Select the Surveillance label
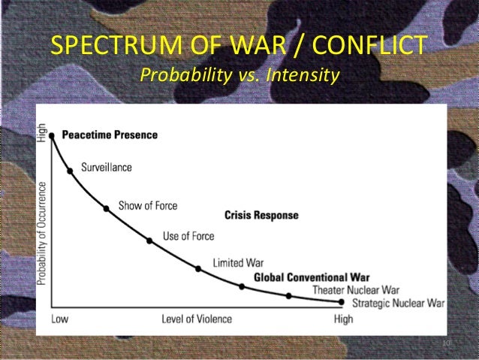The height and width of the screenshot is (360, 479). click(x=106, y=168)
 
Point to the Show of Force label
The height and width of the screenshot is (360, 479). click(x=148, y=206)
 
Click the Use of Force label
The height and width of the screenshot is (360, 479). click(x=188, y=236)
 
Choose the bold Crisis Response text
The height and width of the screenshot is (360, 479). click(x=261, y=215)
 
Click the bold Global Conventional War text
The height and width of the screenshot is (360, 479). click(x=312, y=277)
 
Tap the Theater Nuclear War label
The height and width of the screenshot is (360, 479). click(x=356, y=289)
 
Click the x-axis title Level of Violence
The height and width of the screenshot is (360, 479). click(x=197, y=319)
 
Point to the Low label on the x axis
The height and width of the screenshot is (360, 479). click(x=59, y=319)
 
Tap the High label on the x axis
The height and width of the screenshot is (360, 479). click(x=343, y=319)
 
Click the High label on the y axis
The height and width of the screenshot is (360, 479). click(x=42, y=134)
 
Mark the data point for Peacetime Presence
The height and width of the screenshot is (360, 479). click(x=52, y=136)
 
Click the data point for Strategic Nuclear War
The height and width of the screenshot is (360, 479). click(x=342, y=302)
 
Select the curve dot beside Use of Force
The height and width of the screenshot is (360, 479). click(x=149, y=241)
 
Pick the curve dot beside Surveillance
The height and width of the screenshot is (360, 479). click(x=71, y=171)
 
